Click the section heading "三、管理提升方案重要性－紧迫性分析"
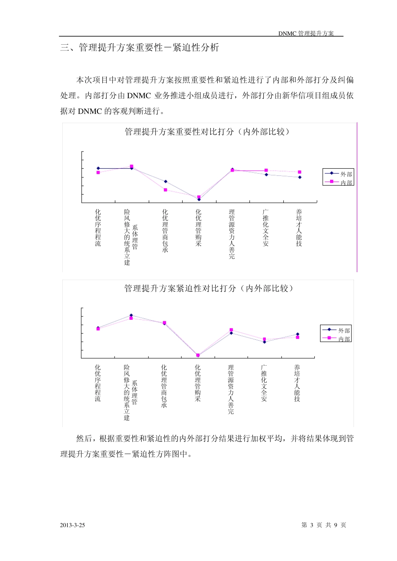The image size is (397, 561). click(140, 48)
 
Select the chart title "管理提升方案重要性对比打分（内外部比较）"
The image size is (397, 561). click(207, 132)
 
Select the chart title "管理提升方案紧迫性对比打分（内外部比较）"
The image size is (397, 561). click(209, 288)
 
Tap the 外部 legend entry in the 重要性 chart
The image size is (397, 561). click(339, 174)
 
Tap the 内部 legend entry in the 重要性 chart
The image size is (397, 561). click(339, 182)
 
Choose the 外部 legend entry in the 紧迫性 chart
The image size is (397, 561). click(336, 331)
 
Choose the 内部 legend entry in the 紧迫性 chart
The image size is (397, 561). click(336, 339)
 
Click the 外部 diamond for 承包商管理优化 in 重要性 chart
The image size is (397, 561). click(165, 182)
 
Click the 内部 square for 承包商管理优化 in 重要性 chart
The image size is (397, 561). click(165, 190)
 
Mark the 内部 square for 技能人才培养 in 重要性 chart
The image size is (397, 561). click(300, 172)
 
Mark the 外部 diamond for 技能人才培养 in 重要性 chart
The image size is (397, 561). click(300, 177)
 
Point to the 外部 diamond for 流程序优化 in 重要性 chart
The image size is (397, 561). click(98, 168)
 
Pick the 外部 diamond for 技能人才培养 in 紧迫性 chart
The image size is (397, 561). click(298, 334)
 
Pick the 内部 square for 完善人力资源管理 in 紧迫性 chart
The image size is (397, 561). click(231, 330)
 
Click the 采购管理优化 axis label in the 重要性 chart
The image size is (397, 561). click(198, 228)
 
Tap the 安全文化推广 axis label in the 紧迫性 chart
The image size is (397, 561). click(264, 383)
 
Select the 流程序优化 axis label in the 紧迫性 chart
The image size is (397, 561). click(98, 383)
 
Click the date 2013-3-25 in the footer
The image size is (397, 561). click(72, 525)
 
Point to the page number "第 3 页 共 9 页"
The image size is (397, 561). click(323, 525)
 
